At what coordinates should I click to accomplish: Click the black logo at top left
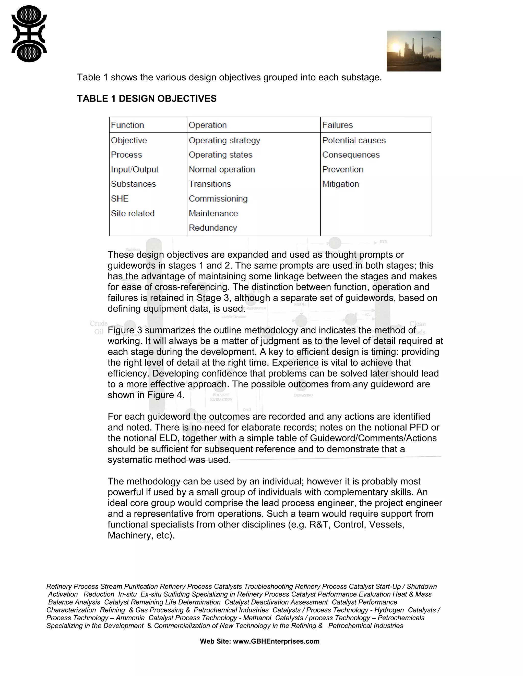[x=29, y=34]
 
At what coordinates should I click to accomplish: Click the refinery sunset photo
[x=414, y=51]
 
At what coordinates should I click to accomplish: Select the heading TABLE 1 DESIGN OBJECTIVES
[x=147, y=99]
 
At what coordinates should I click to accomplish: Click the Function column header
[x=127, y=125]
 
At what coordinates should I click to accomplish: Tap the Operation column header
[x=208, y=125]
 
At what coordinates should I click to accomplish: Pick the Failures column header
[x=337, y=125]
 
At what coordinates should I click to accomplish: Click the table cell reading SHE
[x=120, y=198]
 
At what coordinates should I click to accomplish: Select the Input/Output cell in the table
[x=135, y=169]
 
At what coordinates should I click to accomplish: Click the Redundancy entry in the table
[x=213, y=228]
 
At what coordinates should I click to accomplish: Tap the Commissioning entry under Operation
[x=218, y=198]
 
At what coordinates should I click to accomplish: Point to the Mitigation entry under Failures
[x=340, y=184]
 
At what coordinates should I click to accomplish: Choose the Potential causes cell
[x=354, y=140]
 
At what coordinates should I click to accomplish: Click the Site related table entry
[x=133, y=213]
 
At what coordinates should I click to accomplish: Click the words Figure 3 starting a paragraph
[x=125, y=330]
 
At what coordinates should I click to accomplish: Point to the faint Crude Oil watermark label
[x=99, y=328]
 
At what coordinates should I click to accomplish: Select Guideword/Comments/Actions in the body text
[x=373, y=438]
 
